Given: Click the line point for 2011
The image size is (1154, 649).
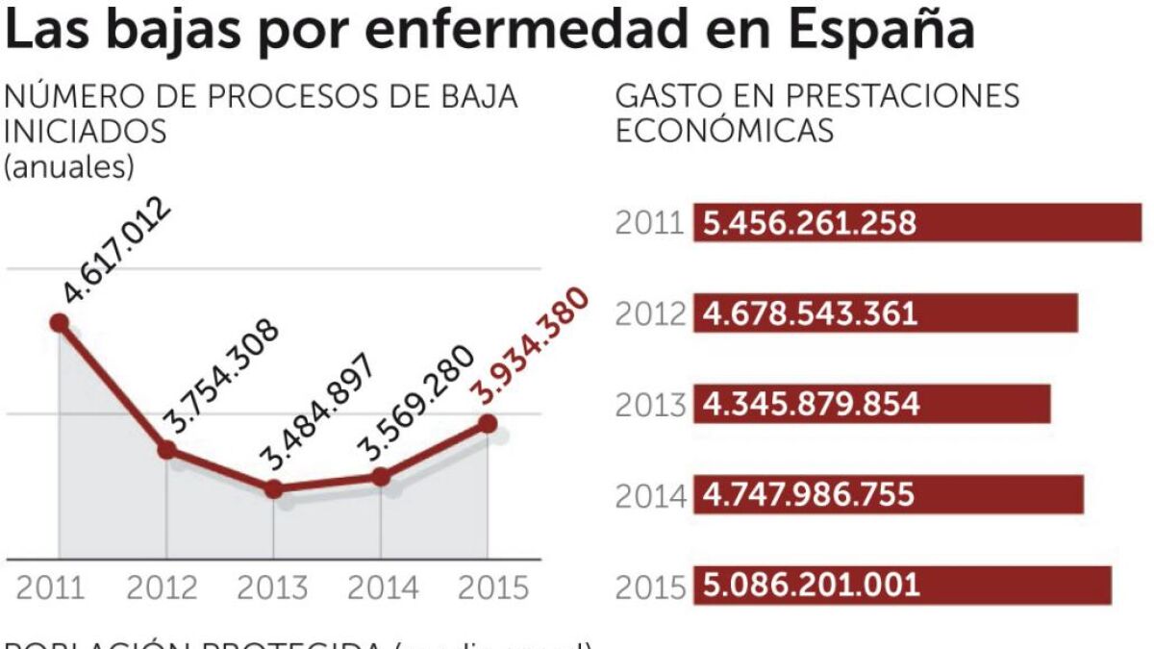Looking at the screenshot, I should (x=60, y=323).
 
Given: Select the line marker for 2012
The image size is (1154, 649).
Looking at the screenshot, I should (x=166, y=449).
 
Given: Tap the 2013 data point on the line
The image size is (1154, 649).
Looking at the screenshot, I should (x=273, y=488).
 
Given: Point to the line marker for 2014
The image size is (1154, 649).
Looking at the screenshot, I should (x=381, y=476).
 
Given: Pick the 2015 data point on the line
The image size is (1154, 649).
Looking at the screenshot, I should (x=488, y=423).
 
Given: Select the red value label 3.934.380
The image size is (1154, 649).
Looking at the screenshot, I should (x=529, y=344).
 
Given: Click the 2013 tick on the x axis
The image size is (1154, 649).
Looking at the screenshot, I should (x=273, y=587).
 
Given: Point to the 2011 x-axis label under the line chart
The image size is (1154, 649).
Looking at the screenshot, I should (x=49, y=587).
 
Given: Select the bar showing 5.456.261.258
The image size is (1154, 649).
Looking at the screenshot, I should (x=917, y=223).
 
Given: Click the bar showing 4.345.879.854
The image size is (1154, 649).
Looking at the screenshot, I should (x=871, y=404).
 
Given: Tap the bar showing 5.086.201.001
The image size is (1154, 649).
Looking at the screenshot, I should (x=902, y=585).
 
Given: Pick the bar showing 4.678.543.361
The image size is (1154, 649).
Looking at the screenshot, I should (x=885, y=313).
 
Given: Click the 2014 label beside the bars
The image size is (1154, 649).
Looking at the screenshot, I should (x=650, y=495).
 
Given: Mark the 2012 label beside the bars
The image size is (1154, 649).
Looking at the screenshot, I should (x=650, y=314).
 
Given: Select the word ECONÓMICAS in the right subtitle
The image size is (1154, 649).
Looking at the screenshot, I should (x=724, y=131).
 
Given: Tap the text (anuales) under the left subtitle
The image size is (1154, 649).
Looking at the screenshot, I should (x=69, y=165).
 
